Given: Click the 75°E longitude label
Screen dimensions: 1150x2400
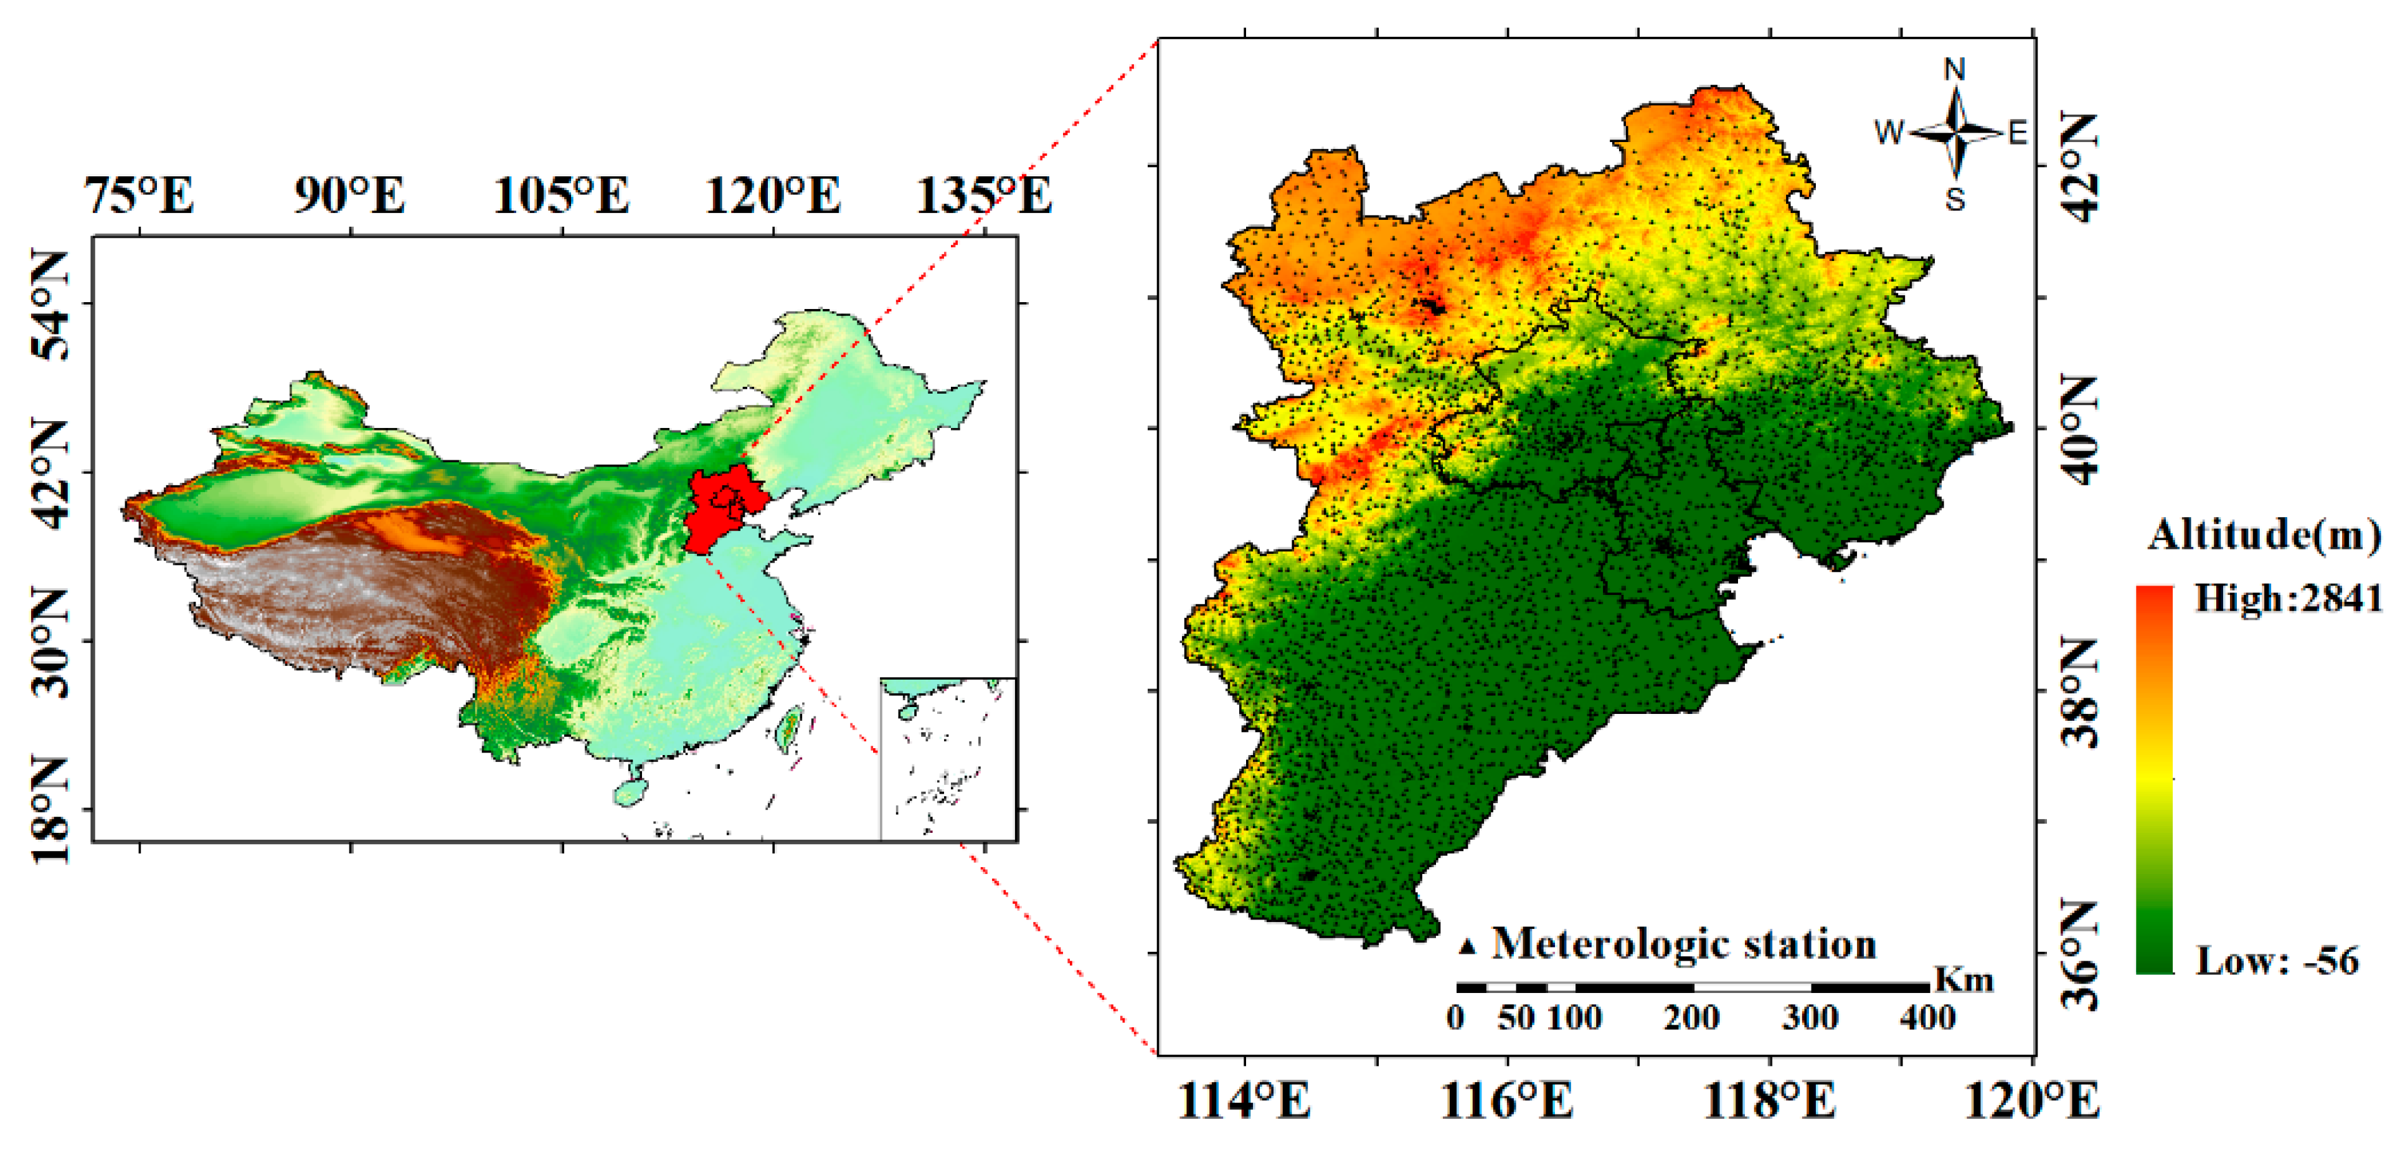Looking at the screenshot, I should [x=139, y=196].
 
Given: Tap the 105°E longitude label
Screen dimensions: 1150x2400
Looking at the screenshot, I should [x=561, y=196].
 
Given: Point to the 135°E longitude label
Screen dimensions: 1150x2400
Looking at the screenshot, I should [x=985, y=196].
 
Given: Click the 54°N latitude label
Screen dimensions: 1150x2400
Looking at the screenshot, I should [x=50, y=304].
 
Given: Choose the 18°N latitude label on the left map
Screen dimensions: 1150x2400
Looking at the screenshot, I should [x=50, y=809].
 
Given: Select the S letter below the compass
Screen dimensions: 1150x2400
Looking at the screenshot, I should [x=1955, y=199].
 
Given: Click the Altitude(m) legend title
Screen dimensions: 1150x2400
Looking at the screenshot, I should [x=2264, y=535].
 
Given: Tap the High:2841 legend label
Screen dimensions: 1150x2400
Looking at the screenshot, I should [x=2288, y=597].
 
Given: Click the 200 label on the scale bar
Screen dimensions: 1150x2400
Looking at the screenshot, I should [x=1691, y=1017].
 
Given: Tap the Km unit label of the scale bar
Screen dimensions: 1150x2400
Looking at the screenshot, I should [x=1964, y=979].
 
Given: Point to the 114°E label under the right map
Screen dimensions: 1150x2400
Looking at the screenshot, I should [x=1244, y=1101].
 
